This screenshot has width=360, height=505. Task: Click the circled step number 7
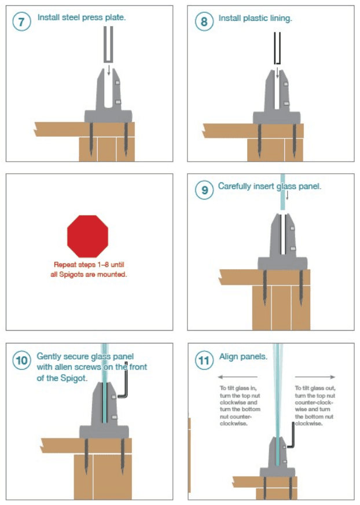[x=21, y=21]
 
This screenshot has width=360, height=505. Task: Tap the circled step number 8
[x=204, y=21]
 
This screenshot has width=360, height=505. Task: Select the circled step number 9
[x=204, y=190]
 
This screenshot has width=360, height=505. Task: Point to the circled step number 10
[x=21, y=360]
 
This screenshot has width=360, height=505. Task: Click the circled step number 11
[x=204, y=360]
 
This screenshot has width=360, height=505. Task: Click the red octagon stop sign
[x=87, y=236]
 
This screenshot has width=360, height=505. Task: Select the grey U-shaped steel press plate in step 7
[x=108, y=45]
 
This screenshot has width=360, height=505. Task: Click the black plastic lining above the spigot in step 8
[x=278, y=48]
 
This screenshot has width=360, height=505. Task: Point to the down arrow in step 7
[x=109, y=70]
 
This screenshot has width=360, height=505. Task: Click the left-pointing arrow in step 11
[x=238, y=376]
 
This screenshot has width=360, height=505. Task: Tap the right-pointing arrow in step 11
[x=315, y=376]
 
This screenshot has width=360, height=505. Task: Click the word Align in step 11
[x=230, y=357]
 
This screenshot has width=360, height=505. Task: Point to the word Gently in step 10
[x=50, y=356]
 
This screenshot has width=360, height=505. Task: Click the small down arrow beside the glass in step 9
[x=287, y=195]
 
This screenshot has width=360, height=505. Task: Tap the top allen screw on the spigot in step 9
[x=292, y=228]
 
